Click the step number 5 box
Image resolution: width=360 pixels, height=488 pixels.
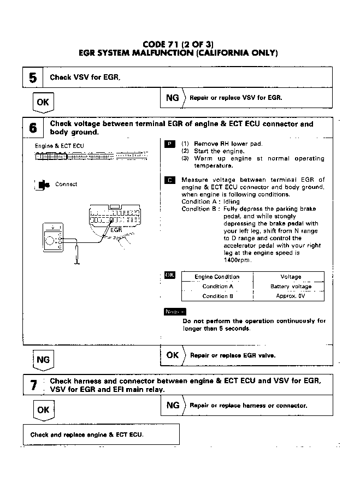(33, 78)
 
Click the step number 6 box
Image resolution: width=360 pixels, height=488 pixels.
(33, 128)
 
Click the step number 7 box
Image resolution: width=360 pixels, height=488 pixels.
(33, 385)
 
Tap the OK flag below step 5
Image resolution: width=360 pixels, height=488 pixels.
(43, 102)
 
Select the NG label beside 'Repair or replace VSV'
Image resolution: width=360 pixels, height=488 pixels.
(172, 98)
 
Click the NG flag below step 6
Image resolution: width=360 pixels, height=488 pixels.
(43, 360)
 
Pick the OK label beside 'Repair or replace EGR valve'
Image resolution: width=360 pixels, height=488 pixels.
(172, 355)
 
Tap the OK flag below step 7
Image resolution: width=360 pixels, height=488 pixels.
(43, 409)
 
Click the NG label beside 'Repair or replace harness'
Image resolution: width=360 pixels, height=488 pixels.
(172, 405)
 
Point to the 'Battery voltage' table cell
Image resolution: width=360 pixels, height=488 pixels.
(291, 287)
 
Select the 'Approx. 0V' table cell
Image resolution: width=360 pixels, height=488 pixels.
(291, 296)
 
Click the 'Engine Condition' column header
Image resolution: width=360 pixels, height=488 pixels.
(217, 277)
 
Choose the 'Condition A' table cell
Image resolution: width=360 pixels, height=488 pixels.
(217, 287)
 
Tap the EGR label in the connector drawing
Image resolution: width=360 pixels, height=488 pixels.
(116, 230)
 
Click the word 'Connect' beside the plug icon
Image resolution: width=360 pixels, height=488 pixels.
(66, 185)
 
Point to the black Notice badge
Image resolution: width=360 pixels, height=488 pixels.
(174, 312)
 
